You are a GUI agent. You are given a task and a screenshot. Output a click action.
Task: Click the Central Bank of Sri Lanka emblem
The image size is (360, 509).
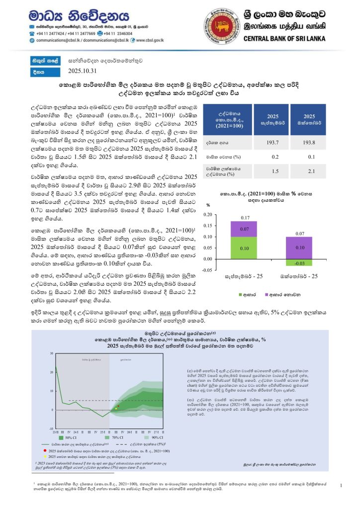point(220,24)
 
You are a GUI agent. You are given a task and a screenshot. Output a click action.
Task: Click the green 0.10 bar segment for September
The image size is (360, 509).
point(244,248)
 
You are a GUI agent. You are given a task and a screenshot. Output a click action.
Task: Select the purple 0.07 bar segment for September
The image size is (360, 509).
point(244,229)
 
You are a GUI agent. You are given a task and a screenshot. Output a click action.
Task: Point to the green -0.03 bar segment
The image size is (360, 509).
point(299,262)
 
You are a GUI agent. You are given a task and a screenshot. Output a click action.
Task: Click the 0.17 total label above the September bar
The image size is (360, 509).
point(244,218)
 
